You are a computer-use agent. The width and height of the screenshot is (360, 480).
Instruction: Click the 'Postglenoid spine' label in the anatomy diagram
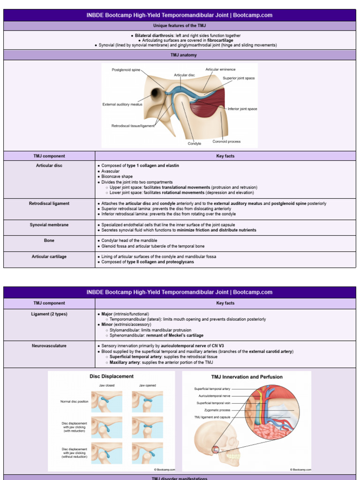pyautogui.click(x=126, y=70)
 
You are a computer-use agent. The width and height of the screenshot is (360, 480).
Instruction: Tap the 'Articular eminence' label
pyautogui.click(x=220, y=69)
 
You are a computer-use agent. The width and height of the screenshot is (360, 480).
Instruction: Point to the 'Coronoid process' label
pyautogui.click(x=226, y=142)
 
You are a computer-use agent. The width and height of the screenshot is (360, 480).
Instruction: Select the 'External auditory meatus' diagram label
pyautogui.click(x=122, y=105)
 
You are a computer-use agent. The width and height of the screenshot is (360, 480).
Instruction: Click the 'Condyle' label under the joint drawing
pyautogui.click(x=195, y=143)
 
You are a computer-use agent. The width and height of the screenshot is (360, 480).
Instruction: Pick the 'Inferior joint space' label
pyautogui.click(x=242, y=109)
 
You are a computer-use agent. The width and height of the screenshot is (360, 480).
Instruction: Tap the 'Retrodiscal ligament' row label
pyautogui.click(x=49, y=203)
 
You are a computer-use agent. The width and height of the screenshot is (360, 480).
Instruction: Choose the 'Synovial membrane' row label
pyautogui.click(x=49, y=225)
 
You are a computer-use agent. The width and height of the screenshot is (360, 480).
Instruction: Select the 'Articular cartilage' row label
pyautogui.click(x=49, y=256)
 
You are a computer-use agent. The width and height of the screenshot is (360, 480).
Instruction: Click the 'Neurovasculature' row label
pyautogui.click(x=49, y=346)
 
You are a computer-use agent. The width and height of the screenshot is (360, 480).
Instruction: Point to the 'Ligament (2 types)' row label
pyautogui.click(x=49, y=314)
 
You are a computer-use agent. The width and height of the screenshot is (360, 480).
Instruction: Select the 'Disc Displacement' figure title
pyautogui.click(x=112, y=376)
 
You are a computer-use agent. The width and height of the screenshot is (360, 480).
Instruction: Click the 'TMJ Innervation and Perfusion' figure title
pyautogui.click(x=247, y=377)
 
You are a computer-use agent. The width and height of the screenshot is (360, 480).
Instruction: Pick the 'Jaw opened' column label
pyautogui.click(x=148, y=385)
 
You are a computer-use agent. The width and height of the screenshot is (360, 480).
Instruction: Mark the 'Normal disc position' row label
pyautogui.click(x=74, y=402)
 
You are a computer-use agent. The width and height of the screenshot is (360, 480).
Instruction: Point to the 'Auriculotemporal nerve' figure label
pyautogui.click(x=213, y=396)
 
